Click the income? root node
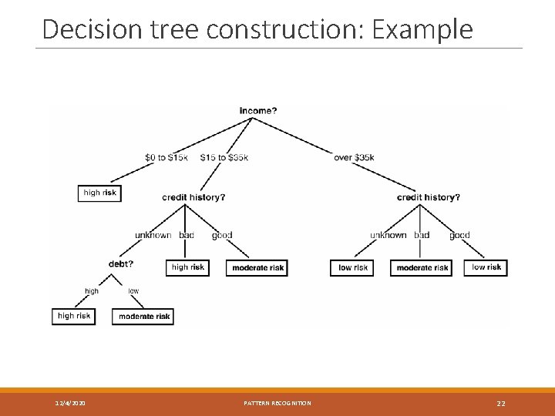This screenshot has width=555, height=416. (258, 111)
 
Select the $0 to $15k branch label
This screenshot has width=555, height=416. (166, 158)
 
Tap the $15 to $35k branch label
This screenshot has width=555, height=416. (224, 158)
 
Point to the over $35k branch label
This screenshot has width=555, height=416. (355, 158)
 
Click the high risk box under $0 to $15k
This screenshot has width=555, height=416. (100, 193)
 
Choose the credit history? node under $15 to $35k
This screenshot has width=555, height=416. (193, 198)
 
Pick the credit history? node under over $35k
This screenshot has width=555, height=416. (429, 198)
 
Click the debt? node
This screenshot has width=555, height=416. (120, 264)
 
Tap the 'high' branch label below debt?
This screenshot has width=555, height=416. (92, 291)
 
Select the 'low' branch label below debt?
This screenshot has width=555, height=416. (133, 291)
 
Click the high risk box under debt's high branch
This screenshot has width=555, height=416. (74, 316)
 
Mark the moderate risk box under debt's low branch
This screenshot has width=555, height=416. (144, 317)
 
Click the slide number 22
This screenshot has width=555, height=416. (501, 403)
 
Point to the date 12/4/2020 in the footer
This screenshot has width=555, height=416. (71, 403)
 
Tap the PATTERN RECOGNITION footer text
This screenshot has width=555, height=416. (277, 403)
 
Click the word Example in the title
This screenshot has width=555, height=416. (422, 29)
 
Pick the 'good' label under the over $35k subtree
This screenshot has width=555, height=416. (459, 235)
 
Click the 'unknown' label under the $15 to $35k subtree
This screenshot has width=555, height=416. (153, 235)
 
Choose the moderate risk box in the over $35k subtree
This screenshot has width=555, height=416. (422, 268)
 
